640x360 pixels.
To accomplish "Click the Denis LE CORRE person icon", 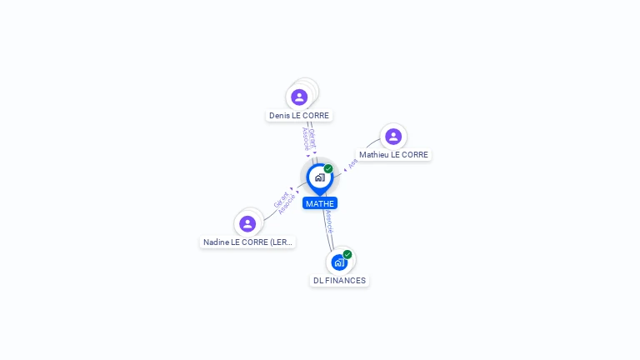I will (x=299, y=97).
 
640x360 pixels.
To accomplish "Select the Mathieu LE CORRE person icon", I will (x=392, y=137).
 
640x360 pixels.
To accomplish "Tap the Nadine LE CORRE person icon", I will (x=247, y=223).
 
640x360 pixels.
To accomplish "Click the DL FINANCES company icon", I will (x=338, y=262).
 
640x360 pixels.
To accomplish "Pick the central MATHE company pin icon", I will (x=319, y=177).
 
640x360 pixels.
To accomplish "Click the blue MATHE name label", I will (x=320, y=203).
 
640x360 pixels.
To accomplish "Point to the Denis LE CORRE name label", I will (x=299, y=116).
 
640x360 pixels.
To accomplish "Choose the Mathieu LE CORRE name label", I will (x=393, y=155).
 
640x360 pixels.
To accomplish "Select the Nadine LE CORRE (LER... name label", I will (x=248, y=242).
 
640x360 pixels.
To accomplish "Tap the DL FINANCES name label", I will (x=339, y=281).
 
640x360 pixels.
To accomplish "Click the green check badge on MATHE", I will (x=328, y=168).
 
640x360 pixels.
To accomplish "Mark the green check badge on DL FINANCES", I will (x=347, y=254).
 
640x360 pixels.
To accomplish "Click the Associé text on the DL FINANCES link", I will (x=330, y=221).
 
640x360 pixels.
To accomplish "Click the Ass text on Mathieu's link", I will (x=352, y=163).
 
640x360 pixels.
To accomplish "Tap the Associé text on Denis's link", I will (x=306, y=139).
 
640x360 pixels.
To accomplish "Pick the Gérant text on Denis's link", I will (x=312, y=137).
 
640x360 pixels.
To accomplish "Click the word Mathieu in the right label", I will (x=374, y=155).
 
